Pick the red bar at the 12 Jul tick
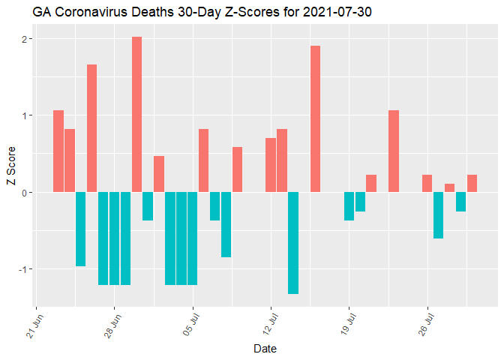point(271,165)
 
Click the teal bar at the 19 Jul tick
point(349,206)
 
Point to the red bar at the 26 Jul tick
point(427,183)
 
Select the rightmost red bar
point(472,183)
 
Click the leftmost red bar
point(58,151)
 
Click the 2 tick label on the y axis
point(25,39)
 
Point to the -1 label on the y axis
point(23,269)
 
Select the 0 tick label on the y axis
point(25,193)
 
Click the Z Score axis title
point(10,172)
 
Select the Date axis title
point(265,349)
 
